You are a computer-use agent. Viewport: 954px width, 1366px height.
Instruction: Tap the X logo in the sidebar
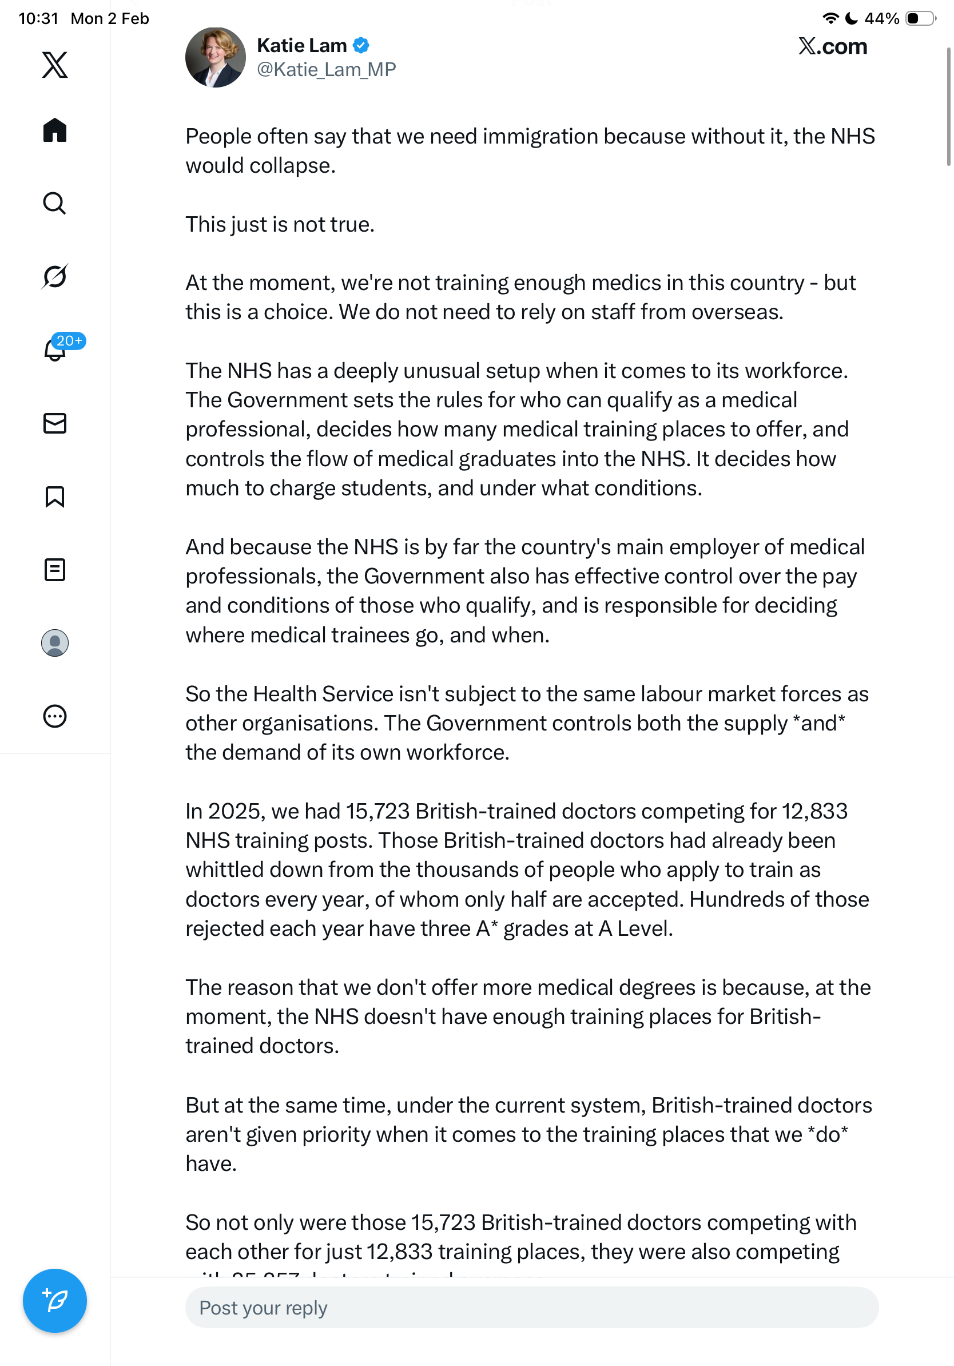[x=55, y=64]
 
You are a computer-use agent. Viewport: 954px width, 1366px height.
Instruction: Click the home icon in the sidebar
[x=55, y=130]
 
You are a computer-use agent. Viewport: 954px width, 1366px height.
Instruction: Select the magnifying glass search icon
[x=55, y=203]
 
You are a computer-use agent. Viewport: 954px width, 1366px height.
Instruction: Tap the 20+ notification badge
[x=69, y=341]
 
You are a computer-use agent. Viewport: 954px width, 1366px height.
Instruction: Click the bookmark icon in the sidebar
[x=55, y=496]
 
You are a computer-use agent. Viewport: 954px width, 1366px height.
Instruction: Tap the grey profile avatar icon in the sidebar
[x=55, y=643]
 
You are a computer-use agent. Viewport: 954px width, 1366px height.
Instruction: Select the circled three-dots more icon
[x=55, y=716]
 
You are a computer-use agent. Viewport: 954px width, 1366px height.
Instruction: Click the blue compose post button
[x=55, y=1301]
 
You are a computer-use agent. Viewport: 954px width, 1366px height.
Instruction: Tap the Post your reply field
[x=531, y=1308]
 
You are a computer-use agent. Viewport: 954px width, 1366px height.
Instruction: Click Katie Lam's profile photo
[x=215, y=57]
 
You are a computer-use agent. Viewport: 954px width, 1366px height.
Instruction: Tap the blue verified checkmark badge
[x=361, y=45]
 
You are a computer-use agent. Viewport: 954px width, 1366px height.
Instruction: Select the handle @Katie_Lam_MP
[x=326, y=70]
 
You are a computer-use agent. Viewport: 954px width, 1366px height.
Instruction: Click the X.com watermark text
[x=832, y=46]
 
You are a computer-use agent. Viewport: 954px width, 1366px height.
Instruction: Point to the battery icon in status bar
[x=920, y=18]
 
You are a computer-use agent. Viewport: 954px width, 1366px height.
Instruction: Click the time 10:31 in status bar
[x=39, y=18]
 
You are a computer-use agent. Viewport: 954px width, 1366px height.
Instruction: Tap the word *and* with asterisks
[x=819, y=724]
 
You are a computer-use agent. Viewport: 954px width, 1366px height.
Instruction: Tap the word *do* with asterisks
[x=828, y=1134]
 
